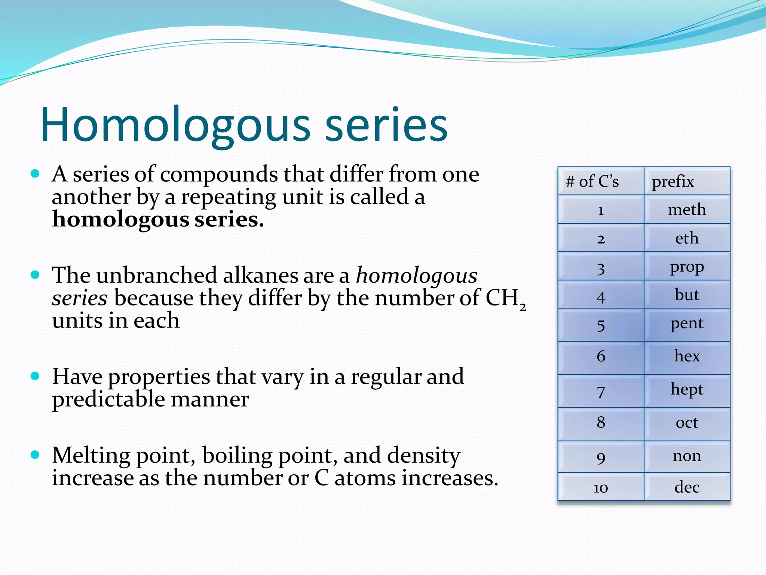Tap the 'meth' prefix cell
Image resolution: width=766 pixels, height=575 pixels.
pyautogui.click(x=687, y=210)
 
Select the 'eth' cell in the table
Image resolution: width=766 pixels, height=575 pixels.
pyautogui.click(x=687, y=238)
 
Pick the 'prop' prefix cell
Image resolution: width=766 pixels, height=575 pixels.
pyautogui.click(x=687, y=267)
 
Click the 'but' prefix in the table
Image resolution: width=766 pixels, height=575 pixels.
pyautogui.click(x=687, y=295)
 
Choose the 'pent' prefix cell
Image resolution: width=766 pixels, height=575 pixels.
pyautogui.click(x=687, y=324)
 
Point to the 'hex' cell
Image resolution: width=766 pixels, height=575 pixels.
pyautogui.click(x=687, y=356)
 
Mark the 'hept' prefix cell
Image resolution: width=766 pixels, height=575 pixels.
pyautogui.click(x=687, y=390)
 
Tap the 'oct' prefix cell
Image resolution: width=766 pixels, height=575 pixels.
pyautogui.click(x=687, y=423)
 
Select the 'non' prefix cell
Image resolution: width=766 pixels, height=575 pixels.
pyautogui.click(x=687, y=456)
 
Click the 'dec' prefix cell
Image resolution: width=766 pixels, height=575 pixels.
pyautogui.click(x=687, y=487)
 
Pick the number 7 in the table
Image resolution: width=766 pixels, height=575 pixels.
pyautogui.click(x=601, y=392)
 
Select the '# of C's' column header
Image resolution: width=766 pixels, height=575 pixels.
pyautogui.click(x=592, y=182)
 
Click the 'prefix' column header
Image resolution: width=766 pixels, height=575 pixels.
pyautogui.click(x=672, y=182)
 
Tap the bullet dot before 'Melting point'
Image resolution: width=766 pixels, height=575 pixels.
pyautogui.click(x=35, y=454)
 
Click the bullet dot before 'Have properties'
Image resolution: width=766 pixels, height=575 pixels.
pyautogui.click(x=35, y=376)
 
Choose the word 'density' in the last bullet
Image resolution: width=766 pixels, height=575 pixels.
pyautogui.click(x=423, y=456)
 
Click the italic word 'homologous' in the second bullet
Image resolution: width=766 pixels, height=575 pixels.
pyautogui.click(x=417, y=276)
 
